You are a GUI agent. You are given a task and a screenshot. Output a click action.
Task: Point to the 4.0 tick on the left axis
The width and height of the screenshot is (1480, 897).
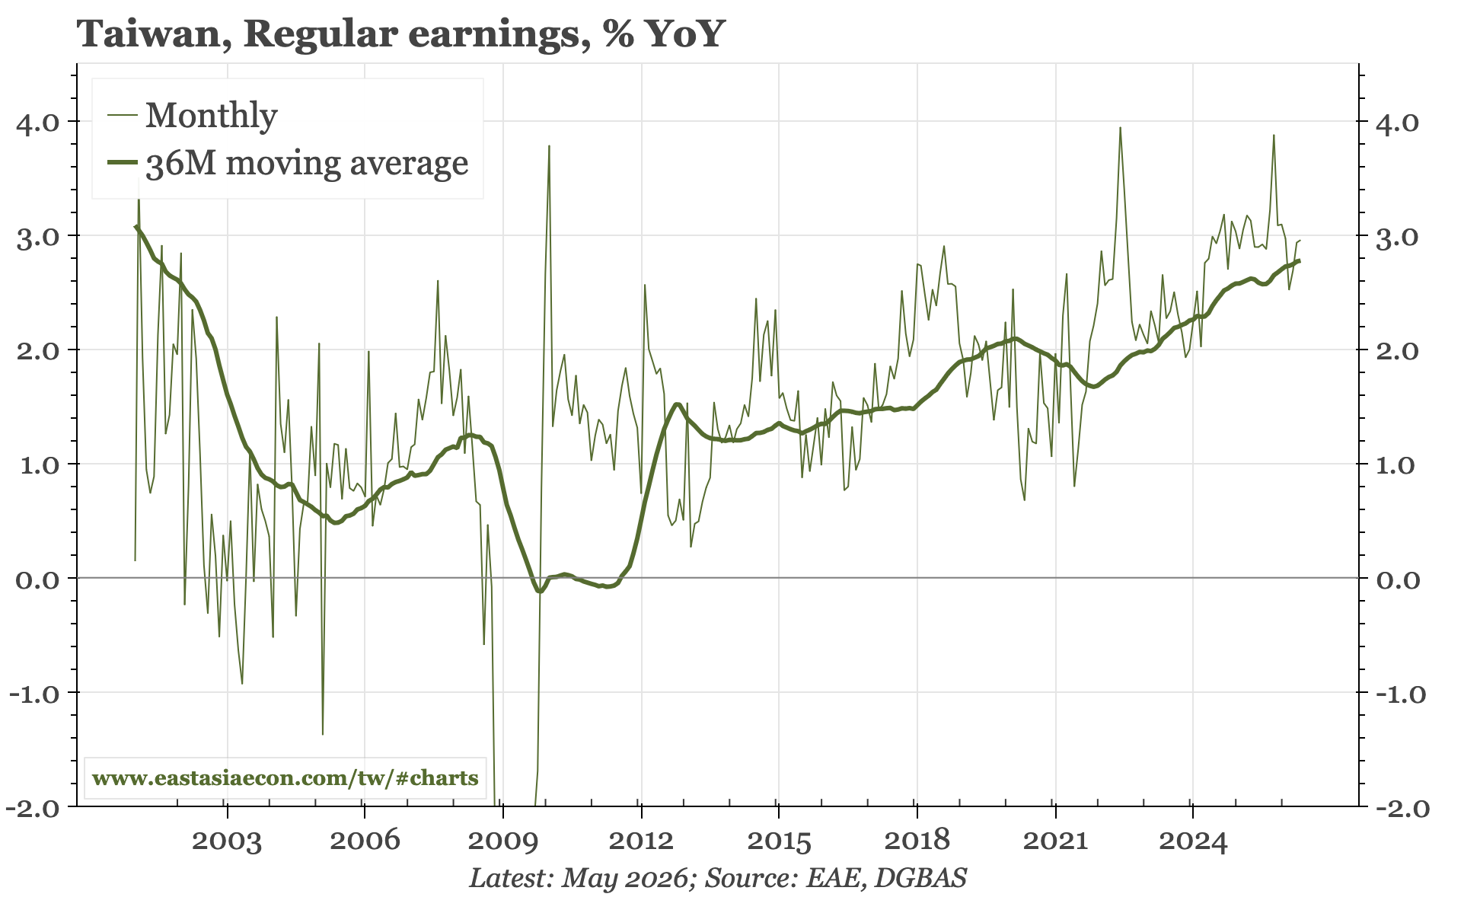[39, 122]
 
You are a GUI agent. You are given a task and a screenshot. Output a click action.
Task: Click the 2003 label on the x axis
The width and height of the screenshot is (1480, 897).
[226, 841]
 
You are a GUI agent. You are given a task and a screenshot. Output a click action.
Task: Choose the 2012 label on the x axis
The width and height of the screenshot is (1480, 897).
[641, 841]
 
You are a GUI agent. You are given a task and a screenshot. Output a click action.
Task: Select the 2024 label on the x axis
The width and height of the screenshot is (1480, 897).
[1192, 841]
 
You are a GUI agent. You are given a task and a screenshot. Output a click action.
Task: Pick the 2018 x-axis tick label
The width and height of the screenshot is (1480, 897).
[917, 841]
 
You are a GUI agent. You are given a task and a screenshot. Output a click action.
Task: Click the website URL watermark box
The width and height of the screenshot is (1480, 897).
[285, 778]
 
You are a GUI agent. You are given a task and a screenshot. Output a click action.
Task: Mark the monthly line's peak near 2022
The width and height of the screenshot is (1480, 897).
[1120, 128]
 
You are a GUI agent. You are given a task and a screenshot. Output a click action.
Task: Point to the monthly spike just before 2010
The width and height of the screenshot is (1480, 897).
[549, 145]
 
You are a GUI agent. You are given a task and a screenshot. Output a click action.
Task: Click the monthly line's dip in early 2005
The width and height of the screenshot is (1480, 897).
[323, 734]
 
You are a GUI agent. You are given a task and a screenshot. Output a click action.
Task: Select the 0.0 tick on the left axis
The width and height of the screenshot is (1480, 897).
[39, 579]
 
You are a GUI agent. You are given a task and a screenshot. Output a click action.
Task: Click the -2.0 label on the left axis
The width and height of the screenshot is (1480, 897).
[34, 807]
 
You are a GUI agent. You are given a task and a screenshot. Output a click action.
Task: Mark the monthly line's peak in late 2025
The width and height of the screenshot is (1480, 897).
[1274, 136]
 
